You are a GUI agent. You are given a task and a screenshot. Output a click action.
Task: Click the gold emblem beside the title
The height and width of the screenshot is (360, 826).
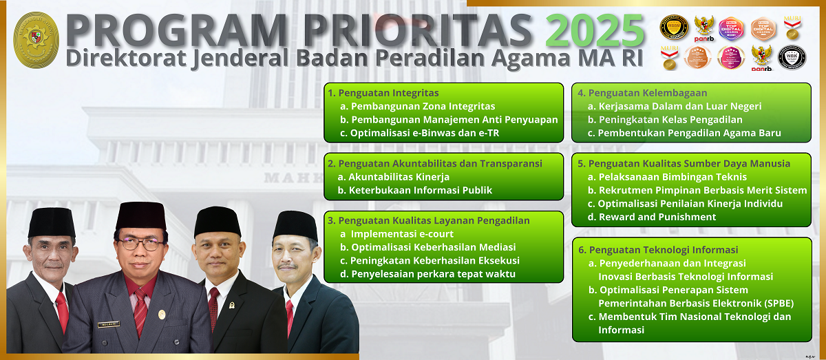coord(36,40)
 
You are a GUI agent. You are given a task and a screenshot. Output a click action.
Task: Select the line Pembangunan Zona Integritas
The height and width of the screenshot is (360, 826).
coord(423,107)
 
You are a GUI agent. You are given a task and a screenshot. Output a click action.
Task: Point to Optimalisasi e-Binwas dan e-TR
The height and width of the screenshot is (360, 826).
coord(424,133)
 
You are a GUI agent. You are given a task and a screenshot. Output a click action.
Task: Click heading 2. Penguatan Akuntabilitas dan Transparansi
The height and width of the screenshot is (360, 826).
coord(435,164)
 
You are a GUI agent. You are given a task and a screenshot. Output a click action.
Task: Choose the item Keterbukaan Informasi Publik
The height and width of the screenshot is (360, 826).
coord(420,190)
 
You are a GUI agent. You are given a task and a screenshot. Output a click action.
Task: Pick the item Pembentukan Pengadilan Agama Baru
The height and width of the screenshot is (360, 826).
coord(689,133)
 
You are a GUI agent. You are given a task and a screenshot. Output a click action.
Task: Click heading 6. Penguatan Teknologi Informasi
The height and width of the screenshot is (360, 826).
coord(658,250)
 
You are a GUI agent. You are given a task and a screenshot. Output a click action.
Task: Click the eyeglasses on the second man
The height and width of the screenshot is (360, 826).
coord(140,244)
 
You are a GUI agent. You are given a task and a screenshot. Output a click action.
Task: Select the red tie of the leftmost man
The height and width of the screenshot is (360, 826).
coord(62,310)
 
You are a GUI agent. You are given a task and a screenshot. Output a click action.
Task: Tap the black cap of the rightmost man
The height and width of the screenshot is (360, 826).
coord(295,224)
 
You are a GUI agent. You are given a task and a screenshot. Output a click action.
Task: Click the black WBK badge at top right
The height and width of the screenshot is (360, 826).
coord(792,56)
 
